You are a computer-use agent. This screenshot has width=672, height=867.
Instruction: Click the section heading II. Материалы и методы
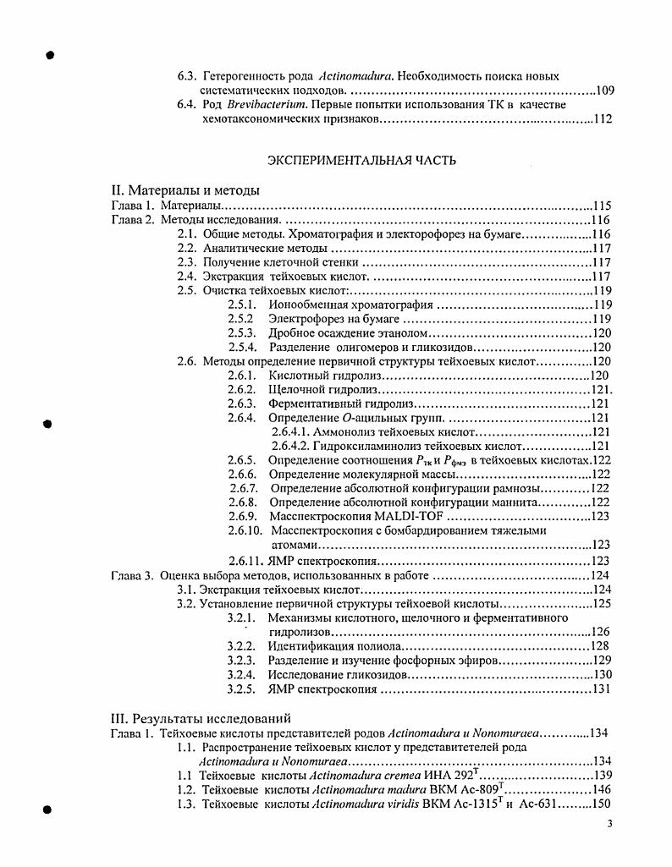click(x=186, y=189)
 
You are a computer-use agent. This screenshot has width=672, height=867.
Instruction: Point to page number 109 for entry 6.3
click(x=605, y=90)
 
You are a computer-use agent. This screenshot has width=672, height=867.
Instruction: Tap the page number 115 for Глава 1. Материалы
click(x=601, y=205)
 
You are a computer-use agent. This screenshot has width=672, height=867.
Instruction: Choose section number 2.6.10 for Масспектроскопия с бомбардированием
click(x=245, y=530)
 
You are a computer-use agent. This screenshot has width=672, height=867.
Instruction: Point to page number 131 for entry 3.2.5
click(x=601, y=689)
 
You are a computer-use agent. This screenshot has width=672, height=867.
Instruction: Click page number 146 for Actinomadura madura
click(x=601, y=789)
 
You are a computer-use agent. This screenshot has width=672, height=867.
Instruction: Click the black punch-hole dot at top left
click(x=50, y=55)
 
